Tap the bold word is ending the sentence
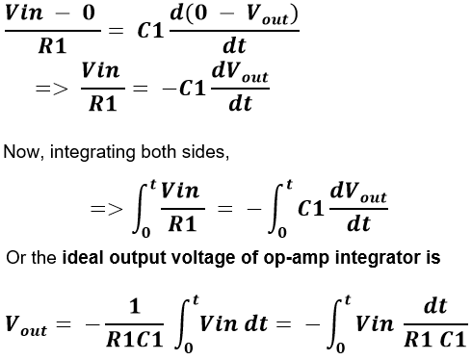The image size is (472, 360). tap(433, 258)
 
